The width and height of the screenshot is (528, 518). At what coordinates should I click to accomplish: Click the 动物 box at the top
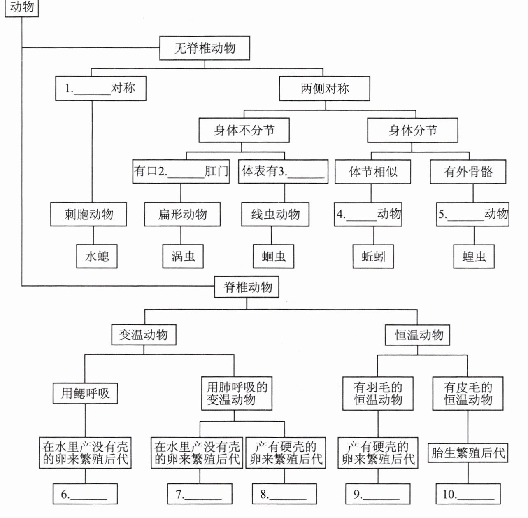(x=21, y=7)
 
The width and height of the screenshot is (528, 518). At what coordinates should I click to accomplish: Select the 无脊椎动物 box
(x=205, y=48)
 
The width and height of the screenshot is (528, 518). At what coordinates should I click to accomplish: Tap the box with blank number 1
(x=101, y=89)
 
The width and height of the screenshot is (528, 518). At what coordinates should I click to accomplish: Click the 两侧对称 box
(x=324, y=89)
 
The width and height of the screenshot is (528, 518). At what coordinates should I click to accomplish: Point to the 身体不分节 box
(x=244, y=131)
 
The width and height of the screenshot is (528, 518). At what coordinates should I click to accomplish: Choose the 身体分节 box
(x=412, y=131)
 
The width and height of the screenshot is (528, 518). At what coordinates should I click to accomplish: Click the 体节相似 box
(x=373, y=172)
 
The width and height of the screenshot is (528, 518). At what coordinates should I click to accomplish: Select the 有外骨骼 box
(x=468, y=172)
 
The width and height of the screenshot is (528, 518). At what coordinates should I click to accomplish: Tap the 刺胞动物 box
(x=88, y=214)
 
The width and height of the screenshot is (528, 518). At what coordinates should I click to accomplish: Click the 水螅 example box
(x=97, y=257)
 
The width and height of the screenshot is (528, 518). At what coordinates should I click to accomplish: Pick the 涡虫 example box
(x=183, y=257)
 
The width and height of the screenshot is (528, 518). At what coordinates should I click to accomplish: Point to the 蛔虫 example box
(x=273, y=257)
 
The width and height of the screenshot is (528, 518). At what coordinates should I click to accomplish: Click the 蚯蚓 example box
(x=373, y=257)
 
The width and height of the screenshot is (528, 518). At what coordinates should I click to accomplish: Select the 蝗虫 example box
(x=474, y=257)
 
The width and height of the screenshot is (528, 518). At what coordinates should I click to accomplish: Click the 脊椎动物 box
(x=247, y=287)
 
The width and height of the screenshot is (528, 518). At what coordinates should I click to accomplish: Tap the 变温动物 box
(x=144, y=335)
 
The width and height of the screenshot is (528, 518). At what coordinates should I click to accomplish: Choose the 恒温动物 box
(x=417, y=335)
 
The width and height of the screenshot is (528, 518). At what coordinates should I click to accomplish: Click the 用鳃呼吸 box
(x=86, y=393)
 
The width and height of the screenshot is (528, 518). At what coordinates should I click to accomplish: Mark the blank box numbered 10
(x=468, y=494)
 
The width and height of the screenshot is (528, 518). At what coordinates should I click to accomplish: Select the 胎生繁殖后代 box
(x=468, y=453)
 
